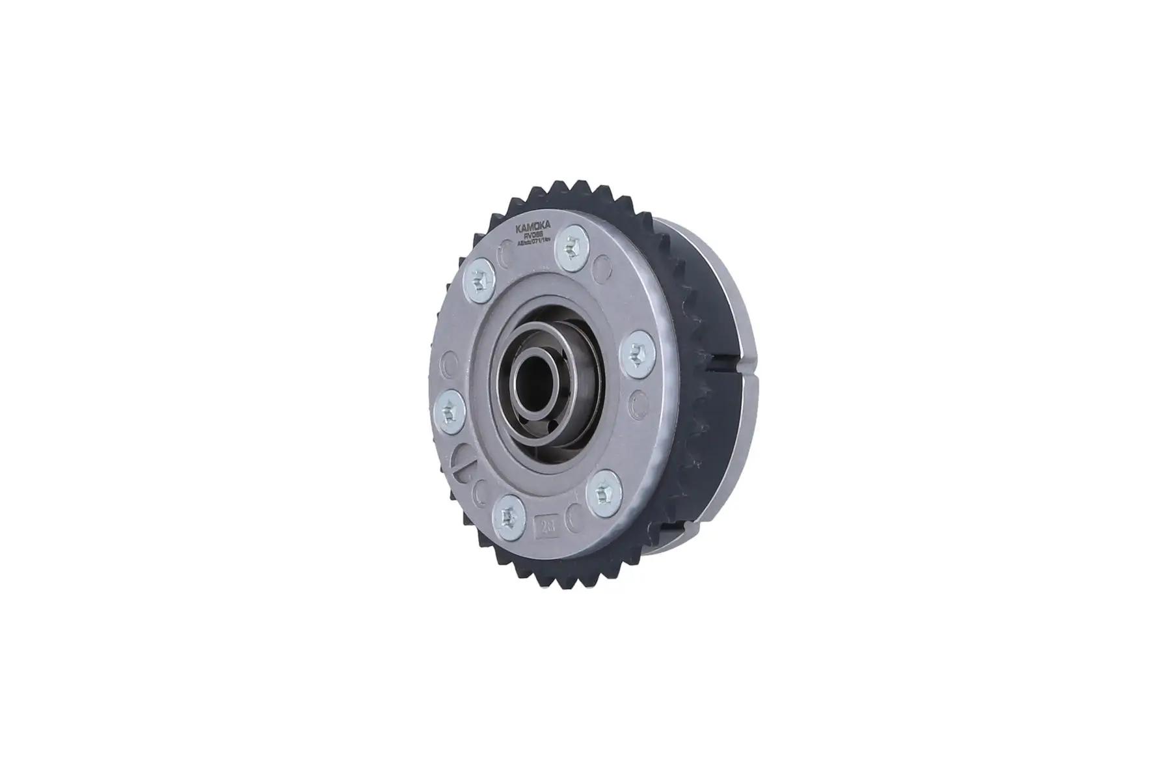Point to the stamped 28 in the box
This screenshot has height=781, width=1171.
coord(542,525)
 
